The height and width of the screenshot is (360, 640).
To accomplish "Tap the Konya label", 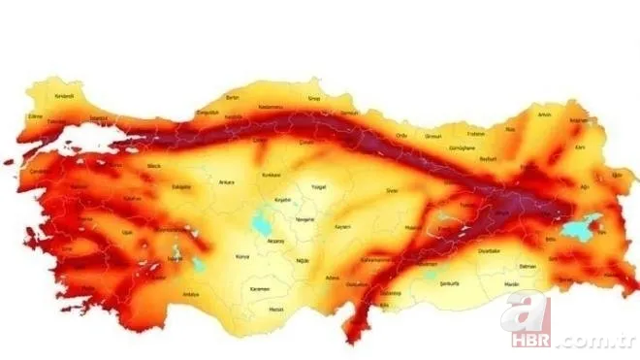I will click(x=242, y=257).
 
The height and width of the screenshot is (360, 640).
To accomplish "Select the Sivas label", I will click(x=393, y=192).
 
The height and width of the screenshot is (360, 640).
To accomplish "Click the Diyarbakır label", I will click(x=491, y=249).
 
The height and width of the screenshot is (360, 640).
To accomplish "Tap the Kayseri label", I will click(x=341, y=226).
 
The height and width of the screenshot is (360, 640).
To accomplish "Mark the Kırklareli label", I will click(x=63, y=96).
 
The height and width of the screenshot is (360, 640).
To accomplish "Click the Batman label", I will click(x=528, y=264).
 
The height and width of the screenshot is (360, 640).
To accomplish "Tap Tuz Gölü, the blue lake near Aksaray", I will click(x=262, y=224).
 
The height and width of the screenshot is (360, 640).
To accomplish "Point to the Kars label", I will click(x=580, y=147).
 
